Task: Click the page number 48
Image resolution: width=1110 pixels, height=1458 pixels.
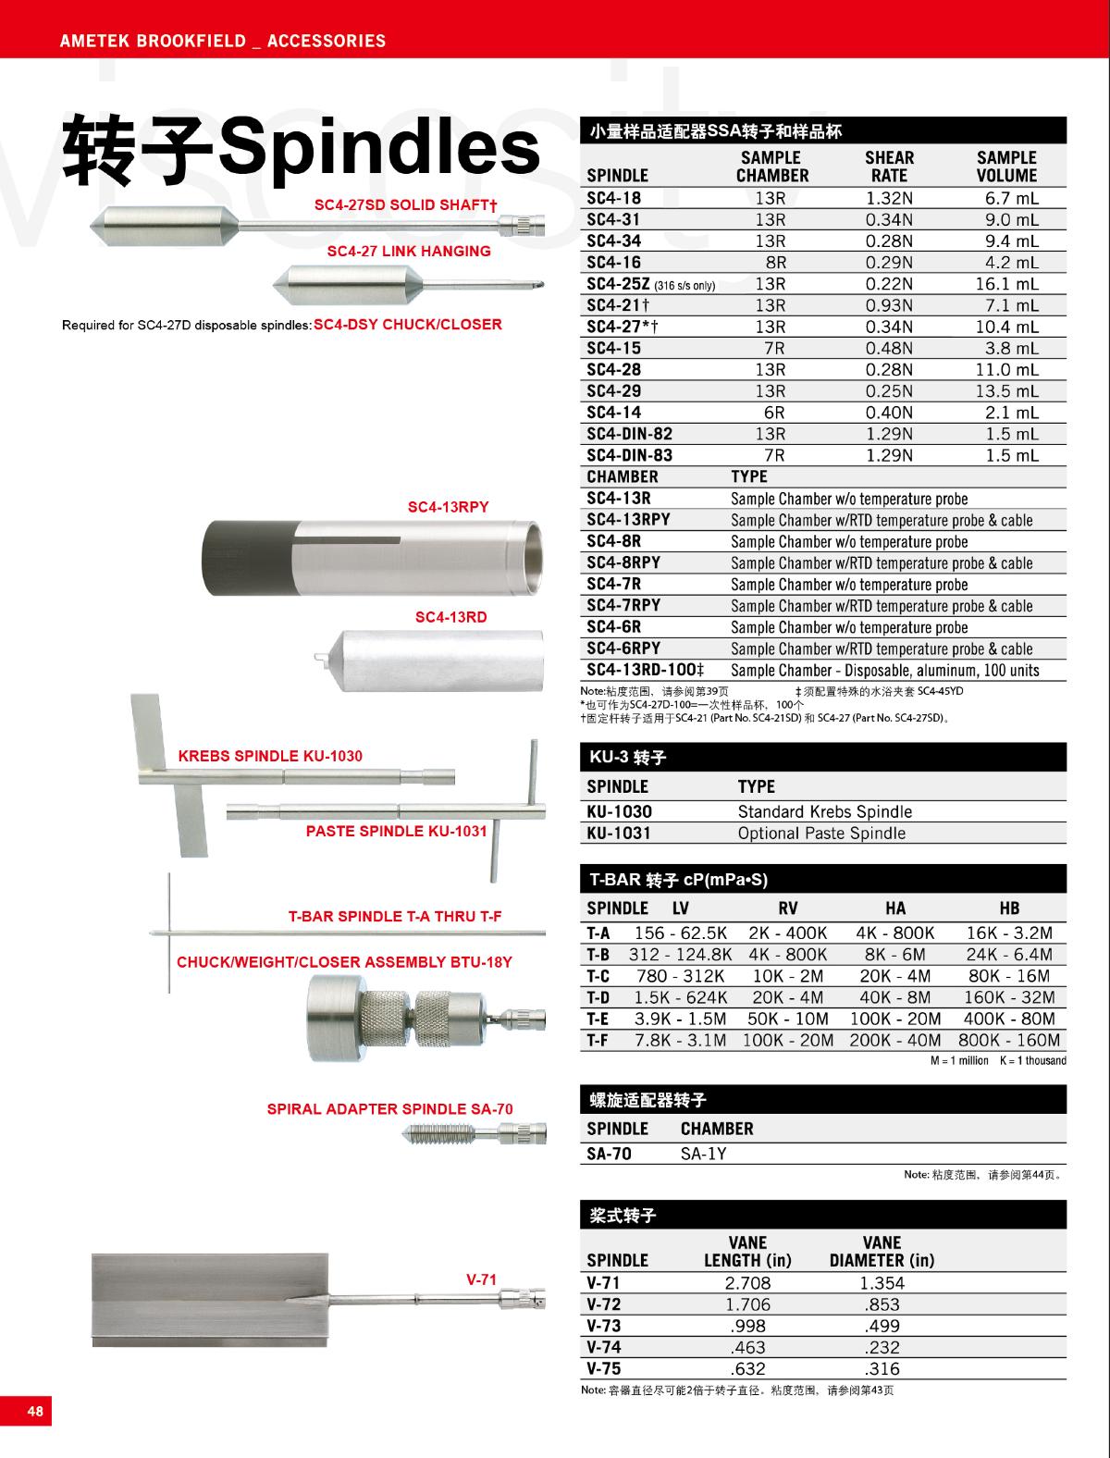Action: pyautogui.click(x=35, y=1412)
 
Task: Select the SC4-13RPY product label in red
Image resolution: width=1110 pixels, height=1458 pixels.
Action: pyautogui.click(x=449, y=507)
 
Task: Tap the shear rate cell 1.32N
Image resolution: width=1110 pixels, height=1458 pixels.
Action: pyautogui.click(x=888, y=198)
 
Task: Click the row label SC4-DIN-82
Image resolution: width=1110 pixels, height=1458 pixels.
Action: pyautogui.click(x=629, y=434)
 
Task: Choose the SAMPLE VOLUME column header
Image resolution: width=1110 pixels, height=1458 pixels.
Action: pyautogui.click(x=1006, y=167)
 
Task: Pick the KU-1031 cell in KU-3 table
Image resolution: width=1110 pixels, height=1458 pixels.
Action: pyautogui.click(x=619, y=833)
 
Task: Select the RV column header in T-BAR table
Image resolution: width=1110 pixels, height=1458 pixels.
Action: pyautogui.click(x=788, y=908)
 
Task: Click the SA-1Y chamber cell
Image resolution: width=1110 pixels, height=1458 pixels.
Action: pyautogui.click(x=704, y=1154)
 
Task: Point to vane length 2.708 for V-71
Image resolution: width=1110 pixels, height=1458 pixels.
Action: pyautogui.click(x=747, y=1283)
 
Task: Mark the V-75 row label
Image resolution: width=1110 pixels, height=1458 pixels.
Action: pyautogui.click(x=603, y=1368)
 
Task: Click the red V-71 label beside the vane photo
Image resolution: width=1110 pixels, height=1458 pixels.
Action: pyautogui.click(x=481, y=1280)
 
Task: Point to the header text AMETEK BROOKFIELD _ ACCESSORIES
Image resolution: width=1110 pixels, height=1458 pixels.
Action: pyautogui.click(x=222, y=41)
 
